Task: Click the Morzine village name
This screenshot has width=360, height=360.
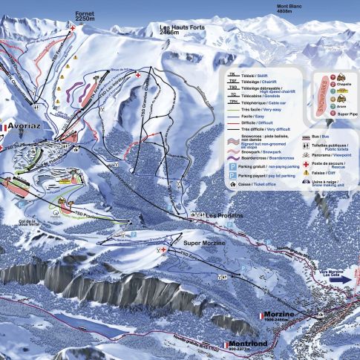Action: pos(282,315)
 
